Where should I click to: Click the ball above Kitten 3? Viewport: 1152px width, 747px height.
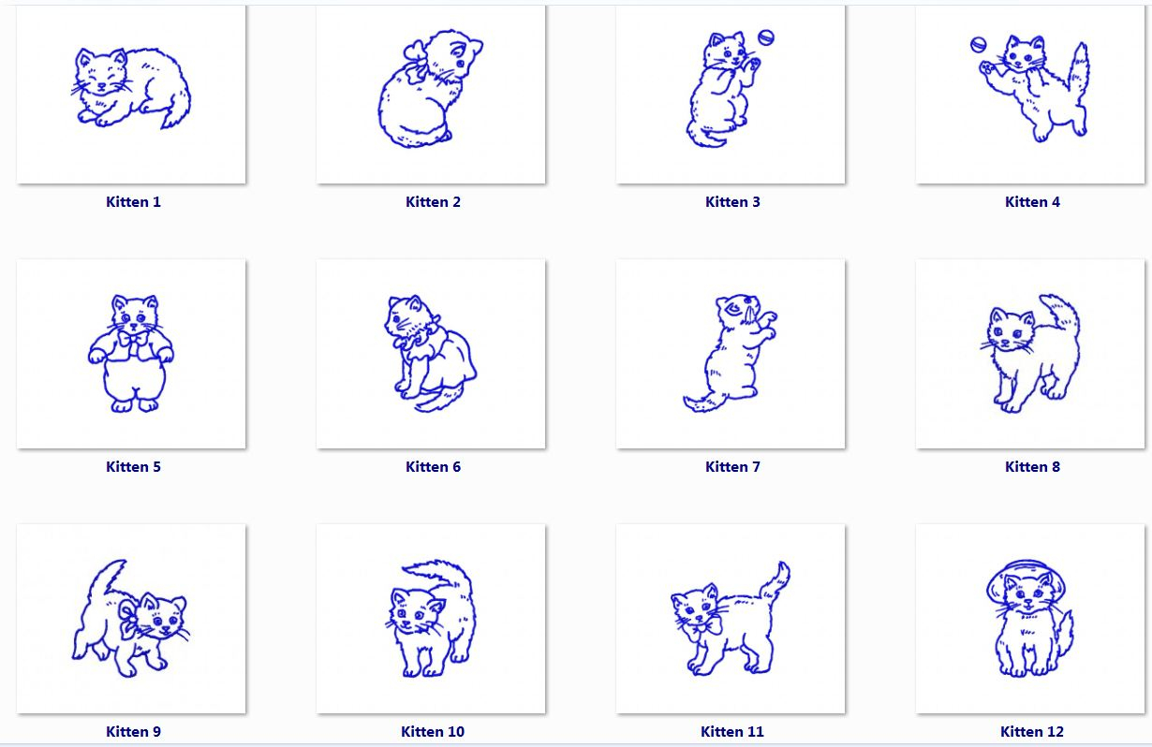[766, 38]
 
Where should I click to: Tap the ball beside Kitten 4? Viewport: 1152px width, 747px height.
[978, 45]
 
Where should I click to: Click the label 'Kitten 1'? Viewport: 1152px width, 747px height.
[133, 201]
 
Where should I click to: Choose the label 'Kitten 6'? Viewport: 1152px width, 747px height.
[433, 466]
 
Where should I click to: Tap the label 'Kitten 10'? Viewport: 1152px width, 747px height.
[433, 731]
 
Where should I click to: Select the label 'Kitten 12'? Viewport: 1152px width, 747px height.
[1032, 731]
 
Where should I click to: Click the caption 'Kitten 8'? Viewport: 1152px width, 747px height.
[1033, 466]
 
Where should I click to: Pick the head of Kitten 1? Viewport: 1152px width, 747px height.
[101, 71]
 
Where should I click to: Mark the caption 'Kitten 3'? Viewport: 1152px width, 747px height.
[732, 201]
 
